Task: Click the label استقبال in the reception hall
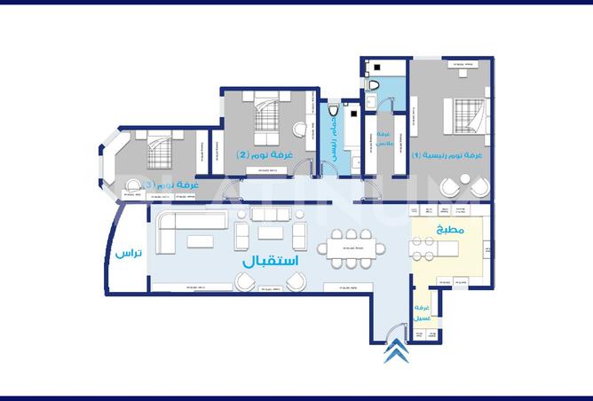click(268, 263)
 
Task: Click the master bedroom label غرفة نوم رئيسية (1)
click(447, 155)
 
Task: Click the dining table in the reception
click(350, 248)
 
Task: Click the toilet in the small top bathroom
click(375, 85)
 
